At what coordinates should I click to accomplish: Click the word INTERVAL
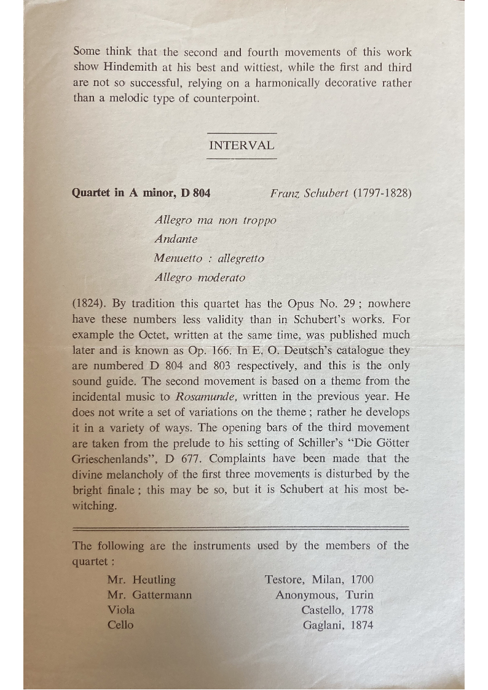[x=242, y=146]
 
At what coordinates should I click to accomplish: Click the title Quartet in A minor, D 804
[x=141, y=193]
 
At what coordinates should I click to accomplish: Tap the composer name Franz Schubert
[x=309, y=193]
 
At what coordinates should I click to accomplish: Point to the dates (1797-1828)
[x=382, y=193]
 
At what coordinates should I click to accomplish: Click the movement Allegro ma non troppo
[x=216, y=220]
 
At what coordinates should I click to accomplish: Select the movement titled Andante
[x=176, y=239]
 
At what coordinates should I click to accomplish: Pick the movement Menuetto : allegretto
[x=210, y=258]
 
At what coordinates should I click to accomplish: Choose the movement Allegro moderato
[x=200, y=277]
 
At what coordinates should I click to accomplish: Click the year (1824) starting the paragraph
[x=89, y=304]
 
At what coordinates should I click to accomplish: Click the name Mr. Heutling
[x=141, y=579]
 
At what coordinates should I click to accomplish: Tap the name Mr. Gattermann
[x=149, y=595]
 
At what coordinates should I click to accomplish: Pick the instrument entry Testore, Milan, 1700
[x=319, y=579]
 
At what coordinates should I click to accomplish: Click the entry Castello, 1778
[x=337, y=610]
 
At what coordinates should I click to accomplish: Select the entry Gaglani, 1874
[x=338, y=625]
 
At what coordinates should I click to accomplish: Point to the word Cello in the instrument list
[x=120, y=625]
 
